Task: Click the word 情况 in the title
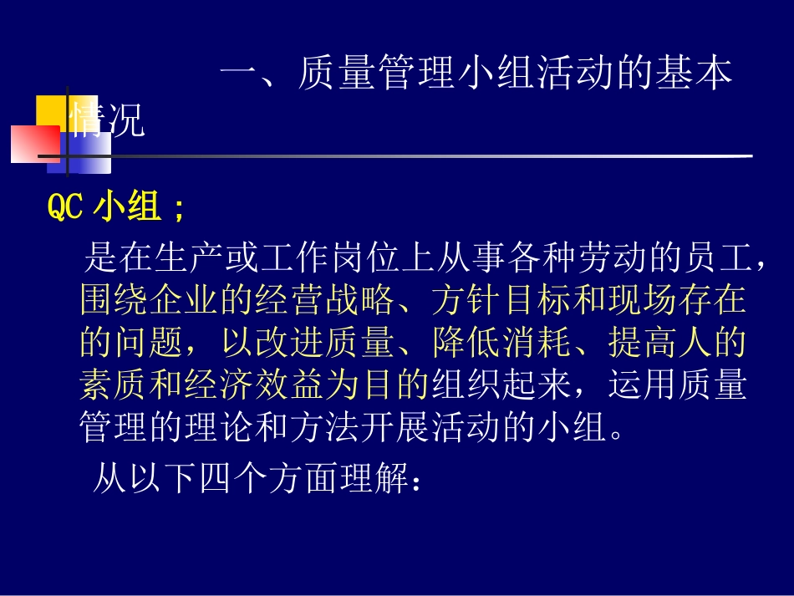(x=108, y=122)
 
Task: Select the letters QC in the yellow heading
(x=65, y=207)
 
